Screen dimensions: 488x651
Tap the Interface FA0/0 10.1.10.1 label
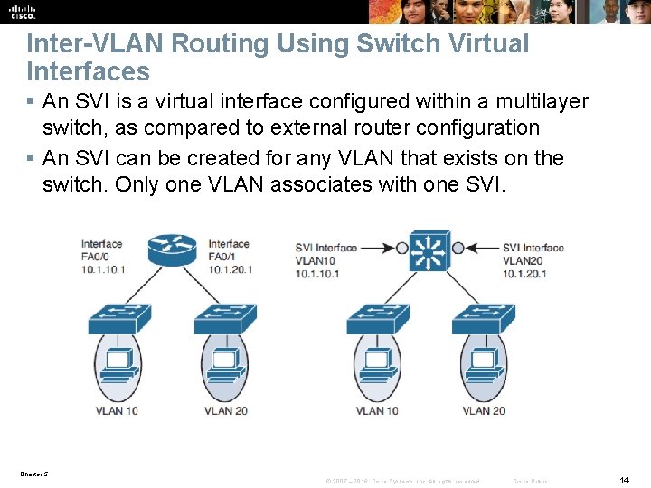[x=102, y=257]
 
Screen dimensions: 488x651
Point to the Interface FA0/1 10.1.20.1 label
[x=230, y=257]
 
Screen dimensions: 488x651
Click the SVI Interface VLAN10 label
[x=325, y=260]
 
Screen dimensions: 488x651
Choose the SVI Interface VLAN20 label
[x=533, y=260]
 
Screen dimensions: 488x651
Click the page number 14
[x=623, y=479]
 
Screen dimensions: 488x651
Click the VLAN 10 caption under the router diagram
[x=116, y=411]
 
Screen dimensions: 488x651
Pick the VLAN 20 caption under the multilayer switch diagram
[x=484, y=411]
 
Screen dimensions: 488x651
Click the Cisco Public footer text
[x=530, y=481]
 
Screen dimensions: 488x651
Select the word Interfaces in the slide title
[x=88, y=70]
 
